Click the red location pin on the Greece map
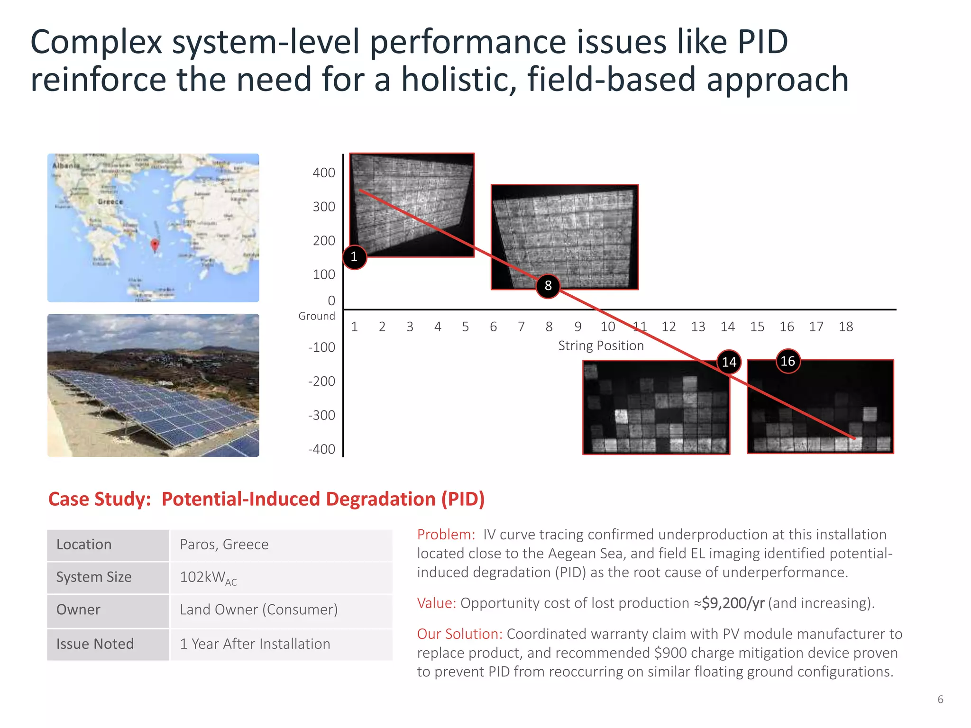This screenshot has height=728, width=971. [x=155, y=245]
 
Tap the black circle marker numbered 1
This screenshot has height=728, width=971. [x=354, y=257]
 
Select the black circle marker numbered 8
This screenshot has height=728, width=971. [x=548, y=286]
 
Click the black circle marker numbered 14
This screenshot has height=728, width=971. [x=729, y=362]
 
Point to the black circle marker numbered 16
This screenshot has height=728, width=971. [x=788, y=361]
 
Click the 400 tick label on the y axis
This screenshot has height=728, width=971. [x=324, y=173]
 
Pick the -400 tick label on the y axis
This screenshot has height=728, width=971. [x=322, y=449]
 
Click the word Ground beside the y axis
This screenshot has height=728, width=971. [x=317, y=316]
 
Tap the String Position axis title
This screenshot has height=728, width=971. [x=601, y=346]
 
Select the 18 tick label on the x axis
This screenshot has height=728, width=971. [x=845, y=327]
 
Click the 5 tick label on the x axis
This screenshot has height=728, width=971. [x=465, y=327]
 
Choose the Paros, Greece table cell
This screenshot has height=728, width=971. [x=224, y=544]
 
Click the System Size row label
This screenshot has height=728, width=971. [x=94, y=577]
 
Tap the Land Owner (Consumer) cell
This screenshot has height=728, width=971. [x=258, y=610]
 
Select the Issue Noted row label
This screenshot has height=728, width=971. [x=95, y=644]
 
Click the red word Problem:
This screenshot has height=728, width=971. [x=446, y=535]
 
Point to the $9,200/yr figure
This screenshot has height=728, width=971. [x=733, y=603]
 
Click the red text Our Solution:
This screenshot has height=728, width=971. [x=459, y=634]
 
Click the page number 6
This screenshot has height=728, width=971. [x=940, y=699]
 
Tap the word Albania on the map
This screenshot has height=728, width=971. [x=66, y=165]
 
